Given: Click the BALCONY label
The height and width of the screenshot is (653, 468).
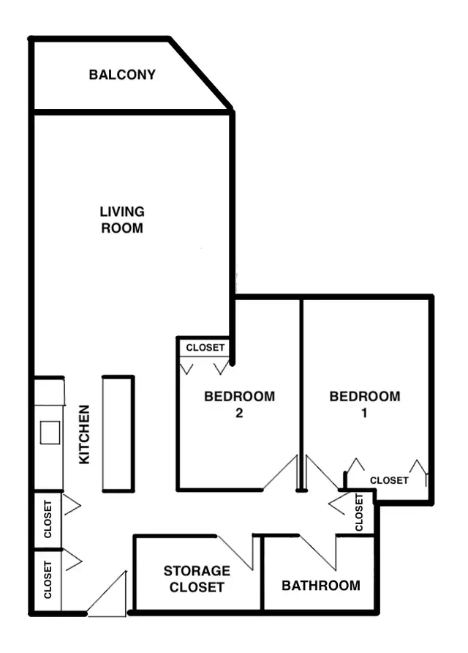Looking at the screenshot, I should click(x=122, y=75).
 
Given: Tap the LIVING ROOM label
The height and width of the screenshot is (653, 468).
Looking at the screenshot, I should click(x=122, y=220).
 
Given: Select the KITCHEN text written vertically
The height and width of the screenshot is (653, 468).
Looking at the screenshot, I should click(x=84, y=434).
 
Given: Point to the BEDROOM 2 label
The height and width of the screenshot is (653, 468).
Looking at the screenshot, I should click(x=239, y=404).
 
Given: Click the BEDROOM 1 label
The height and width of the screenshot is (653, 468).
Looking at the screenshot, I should click(x=365, y=404).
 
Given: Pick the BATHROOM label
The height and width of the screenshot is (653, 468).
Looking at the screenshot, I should click(x=321, y=586).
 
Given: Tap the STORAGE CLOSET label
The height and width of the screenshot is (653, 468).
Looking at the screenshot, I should click(x=197, y=578).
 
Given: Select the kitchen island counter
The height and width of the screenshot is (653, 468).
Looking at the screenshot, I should click(x=118, y=433).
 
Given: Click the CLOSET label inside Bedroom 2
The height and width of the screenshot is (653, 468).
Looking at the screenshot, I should click(x=205, y=348).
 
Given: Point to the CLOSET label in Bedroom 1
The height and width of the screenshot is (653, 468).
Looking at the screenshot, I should click(x=389, y=480).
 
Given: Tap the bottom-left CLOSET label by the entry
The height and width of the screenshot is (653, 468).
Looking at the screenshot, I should click(x=48, y=580).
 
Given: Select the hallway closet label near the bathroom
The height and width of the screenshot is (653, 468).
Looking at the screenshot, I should click(x=359, y=512).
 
